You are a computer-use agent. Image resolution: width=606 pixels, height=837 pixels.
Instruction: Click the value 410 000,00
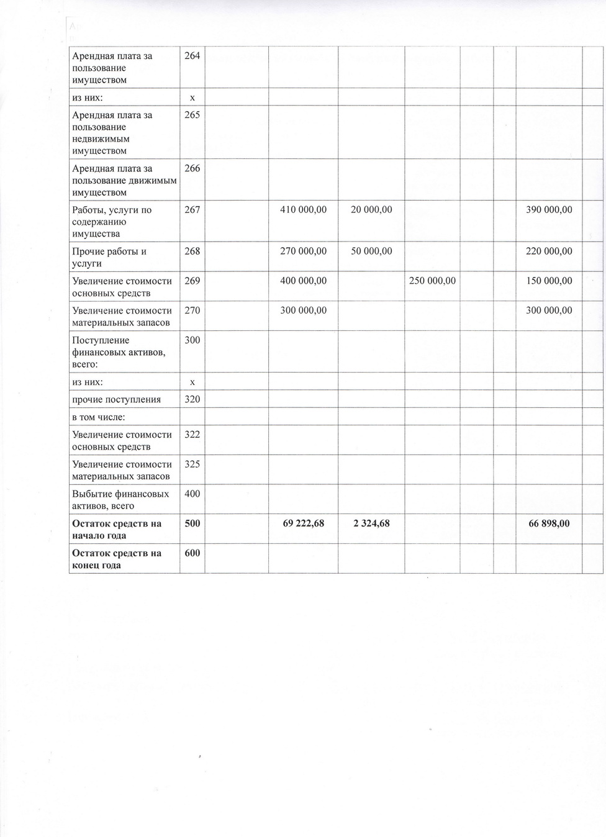303,210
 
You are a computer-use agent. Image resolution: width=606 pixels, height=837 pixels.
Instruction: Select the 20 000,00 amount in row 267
371,210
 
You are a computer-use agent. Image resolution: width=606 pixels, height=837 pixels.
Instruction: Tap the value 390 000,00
549,210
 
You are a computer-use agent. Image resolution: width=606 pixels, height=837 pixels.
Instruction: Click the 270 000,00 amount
303,251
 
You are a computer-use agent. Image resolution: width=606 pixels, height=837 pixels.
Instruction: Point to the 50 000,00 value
371,251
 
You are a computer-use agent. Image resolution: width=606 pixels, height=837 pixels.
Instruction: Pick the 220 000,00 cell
549,251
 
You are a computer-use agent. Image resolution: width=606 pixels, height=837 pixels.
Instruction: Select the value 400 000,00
303,281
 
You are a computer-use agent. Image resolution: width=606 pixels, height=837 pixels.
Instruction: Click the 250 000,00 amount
432,281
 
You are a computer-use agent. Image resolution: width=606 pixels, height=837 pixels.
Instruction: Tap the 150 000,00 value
549,281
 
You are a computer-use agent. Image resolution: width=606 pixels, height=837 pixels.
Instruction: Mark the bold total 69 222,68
303,523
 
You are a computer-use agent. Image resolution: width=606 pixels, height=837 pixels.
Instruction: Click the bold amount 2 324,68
371,523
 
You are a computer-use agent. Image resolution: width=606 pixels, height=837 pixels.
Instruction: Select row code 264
192,56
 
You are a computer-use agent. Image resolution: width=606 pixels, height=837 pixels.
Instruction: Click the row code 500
192,523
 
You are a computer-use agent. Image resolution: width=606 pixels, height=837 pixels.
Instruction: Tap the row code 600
192,553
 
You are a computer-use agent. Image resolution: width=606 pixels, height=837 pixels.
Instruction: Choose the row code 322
192,435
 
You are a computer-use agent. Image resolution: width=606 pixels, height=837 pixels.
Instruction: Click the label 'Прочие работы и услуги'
109,258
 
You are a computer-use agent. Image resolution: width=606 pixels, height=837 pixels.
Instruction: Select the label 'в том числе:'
99,417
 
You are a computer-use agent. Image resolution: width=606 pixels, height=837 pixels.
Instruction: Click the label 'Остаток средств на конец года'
117,559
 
